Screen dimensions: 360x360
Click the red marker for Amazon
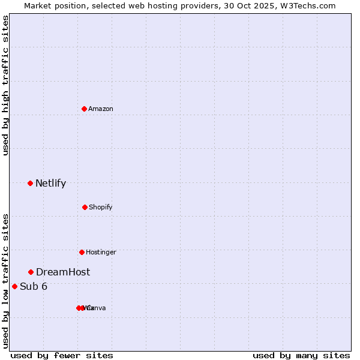click(85, 109)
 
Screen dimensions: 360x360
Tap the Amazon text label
click(101, 109)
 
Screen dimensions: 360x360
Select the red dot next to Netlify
click(30, 183)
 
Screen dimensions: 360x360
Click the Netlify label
click(50, 184)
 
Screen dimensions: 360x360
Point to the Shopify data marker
click(85, 207)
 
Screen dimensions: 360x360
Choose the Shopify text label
click(101, 207)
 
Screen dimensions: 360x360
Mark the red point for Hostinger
click(82, 252)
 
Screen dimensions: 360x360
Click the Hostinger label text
click(101, 252)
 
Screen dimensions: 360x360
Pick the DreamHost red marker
click(31, 272)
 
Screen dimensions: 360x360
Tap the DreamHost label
click(63, 272)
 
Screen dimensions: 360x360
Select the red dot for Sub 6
click(14, 286)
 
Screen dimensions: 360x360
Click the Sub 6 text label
click(34, 286)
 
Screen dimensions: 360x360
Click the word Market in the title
click(38, 5)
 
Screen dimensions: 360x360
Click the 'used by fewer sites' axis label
click(62, 355)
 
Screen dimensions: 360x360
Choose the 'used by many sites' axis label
click(301, 355)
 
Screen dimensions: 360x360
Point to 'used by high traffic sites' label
click(5, 85)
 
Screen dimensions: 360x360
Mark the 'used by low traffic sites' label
click(5, 281)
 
